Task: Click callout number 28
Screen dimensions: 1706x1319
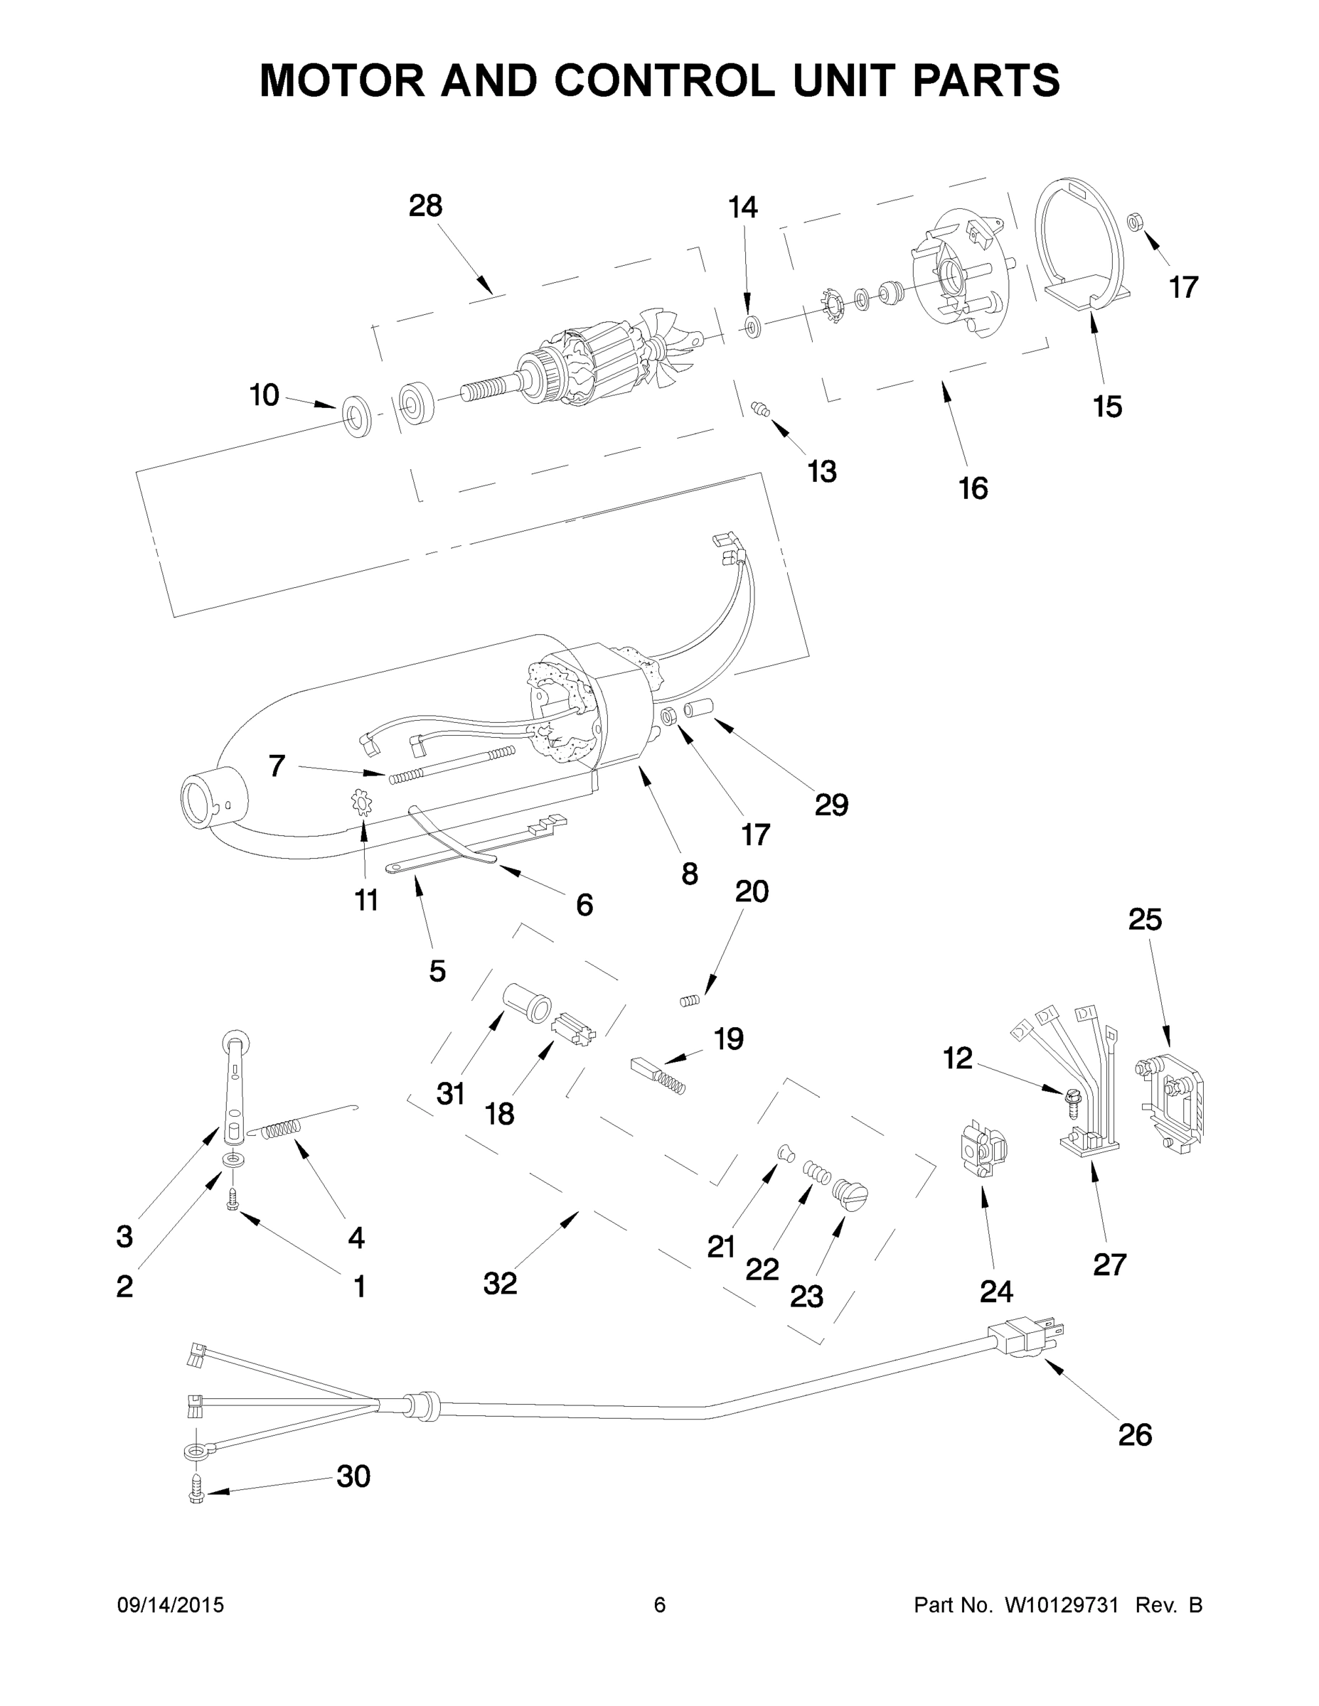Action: coord(425,205)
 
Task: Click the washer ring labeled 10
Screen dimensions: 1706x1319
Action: coord(357,416)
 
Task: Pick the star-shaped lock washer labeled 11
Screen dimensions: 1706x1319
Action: coord(362,803)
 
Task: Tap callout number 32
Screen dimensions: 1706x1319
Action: coord(500,1282)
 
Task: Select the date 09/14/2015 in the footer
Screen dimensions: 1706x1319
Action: coord(171,1605)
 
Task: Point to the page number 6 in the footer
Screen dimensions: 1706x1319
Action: coord(660,1605)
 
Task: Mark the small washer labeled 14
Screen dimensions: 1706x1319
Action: coord(753,326)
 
